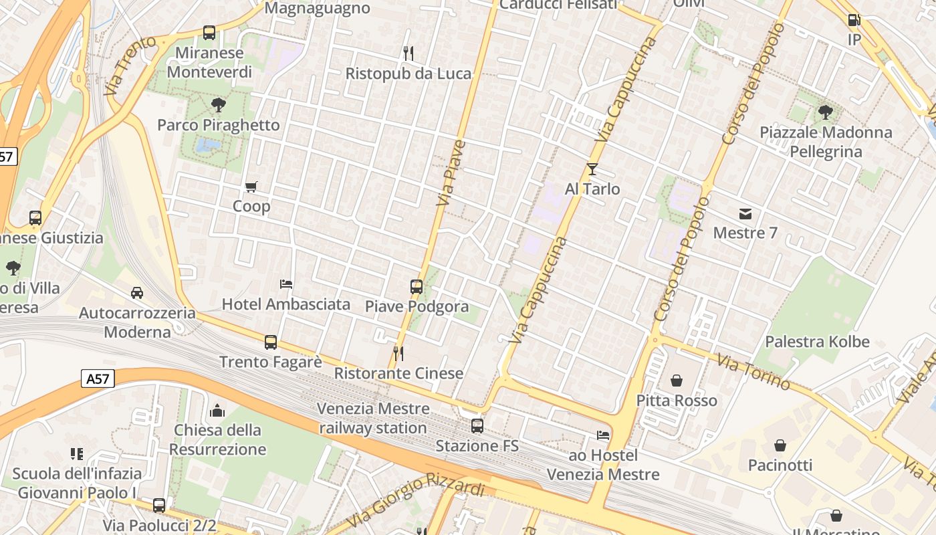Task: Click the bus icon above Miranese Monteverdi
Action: coord(209,32)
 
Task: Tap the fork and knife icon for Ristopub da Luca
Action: coord(408,53)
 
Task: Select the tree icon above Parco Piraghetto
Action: coord(218,104)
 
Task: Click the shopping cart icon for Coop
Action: coord(251,187)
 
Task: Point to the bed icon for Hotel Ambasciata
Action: coord(286,284)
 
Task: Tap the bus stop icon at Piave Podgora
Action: coord(417,287)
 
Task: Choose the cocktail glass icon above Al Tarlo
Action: coord(592,169)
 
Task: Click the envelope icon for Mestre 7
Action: coord(745,213)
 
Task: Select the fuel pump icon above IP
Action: coord(854,20)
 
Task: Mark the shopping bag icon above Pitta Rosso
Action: coord(677,381)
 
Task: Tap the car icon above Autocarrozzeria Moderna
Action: coord(137,292)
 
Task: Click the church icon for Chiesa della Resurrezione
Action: coord(217,410)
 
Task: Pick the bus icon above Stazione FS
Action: coord(477,425)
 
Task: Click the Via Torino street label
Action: coord(753,371)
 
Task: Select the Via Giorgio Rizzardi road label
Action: coord(416,501)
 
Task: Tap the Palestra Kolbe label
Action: coord(817,342)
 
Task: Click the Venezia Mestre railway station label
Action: coord(373,418)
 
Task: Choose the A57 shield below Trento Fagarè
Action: coord(98,379)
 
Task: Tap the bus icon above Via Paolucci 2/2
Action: coord(159,505)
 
